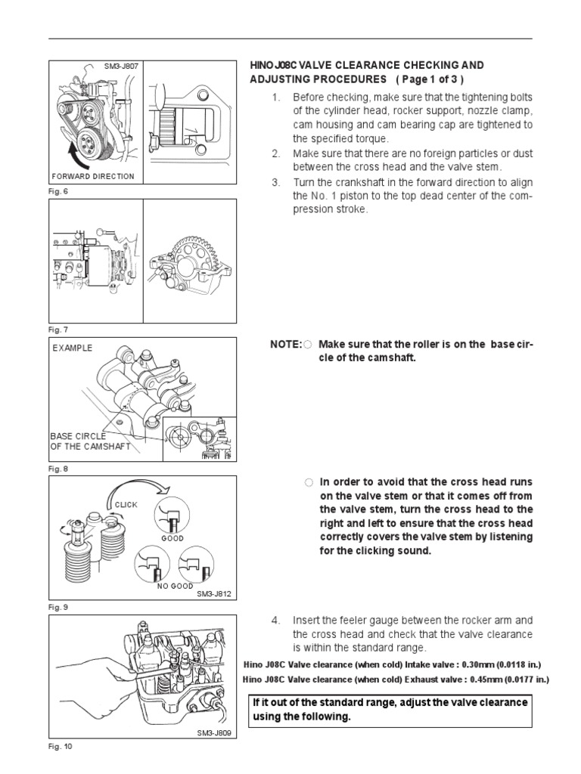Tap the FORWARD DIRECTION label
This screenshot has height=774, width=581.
(92, 176)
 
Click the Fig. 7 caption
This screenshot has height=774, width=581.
(58, 330)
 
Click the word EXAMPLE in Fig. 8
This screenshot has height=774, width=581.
(73, 348)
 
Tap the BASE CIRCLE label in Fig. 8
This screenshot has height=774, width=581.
(78, 436)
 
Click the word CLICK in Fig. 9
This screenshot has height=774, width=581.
(126, 504)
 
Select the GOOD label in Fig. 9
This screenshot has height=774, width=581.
(172, 539)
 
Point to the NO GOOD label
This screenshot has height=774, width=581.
(175, 586)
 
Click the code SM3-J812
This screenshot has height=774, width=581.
(213, 594)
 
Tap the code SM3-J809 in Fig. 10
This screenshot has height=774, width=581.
(213, 732)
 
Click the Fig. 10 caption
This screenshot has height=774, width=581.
(60, 746)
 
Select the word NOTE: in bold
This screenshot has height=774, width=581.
(286, 345)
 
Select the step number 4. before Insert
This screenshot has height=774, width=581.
(276, 621)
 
